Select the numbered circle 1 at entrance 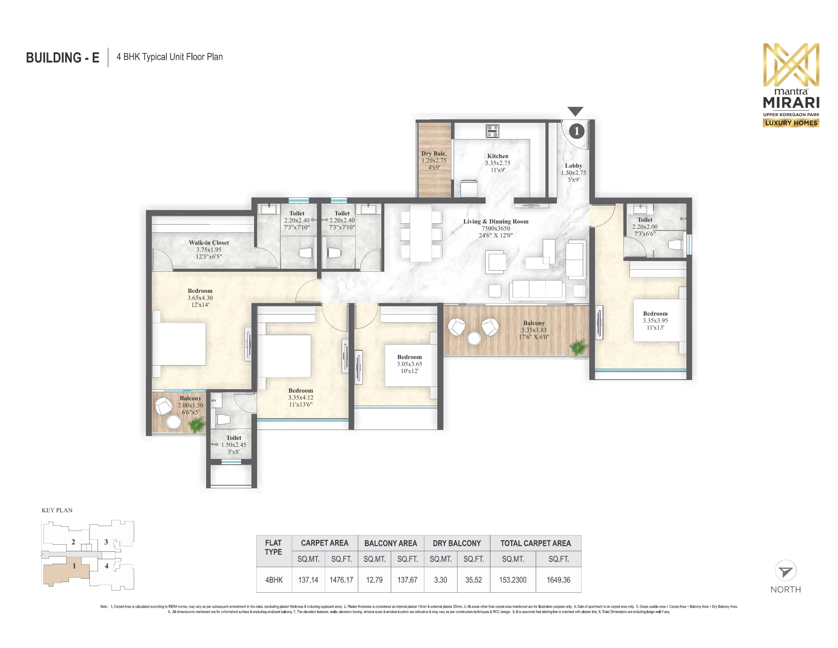[x=576, y=131]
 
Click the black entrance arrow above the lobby [x=575, y=111]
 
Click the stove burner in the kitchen [x=492, y=131]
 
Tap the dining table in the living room [x=421, y=233]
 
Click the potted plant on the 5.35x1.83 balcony [x=578, y=347]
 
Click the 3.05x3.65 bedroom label [x=409, y=364]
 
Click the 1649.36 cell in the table [x=558, y=580]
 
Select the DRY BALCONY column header [x=457, y=543]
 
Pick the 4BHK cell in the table [x=273, y=580]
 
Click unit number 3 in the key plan [x=106, y=542]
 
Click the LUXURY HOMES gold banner [x=791, y=123]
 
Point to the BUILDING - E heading [x=62, y=58]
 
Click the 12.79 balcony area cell [x=374, y=580]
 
